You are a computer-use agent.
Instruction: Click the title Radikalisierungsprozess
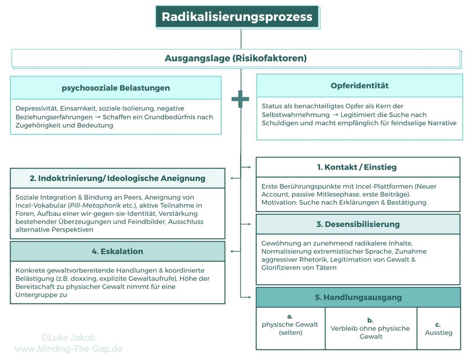pyautogui.click(x=237, y=17)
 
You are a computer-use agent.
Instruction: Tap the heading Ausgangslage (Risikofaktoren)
pyautogui.click(x=236, y=59)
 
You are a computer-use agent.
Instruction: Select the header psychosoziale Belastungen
pyautogui.click(x=116, y=88)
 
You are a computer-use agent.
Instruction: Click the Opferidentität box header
pyautogui.click(x=359, y=86)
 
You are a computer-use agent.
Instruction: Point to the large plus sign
pyautogui.click(x=240, y=99)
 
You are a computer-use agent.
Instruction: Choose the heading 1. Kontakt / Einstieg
pyautogui.click(x=357, y=167)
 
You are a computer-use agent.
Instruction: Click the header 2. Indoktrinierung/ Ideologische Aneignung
pyautogui.click(x=117, y=178)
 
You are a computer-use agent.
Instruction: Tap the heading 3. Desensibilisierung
pyautogui.click(x=357, y=224)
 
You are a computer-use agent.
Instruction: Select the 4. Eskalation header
pyautogui.click(x=117, y=251)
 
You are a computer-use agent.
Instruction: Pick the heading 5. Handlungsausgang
pyautogui.click(x=358, y=297)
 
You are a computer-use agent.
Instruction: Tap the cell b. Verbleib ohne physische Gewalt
pyautogui.click(x=370, y=328)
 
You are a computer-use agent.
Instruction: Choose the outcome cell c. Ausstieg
pyautogui.click(x=438, y=328)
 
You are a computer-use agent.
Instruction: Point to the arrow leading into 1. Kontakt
pyautogui.click(x=246, y=166)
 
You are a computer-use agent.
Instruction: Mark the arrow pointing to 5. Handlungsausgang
pyautogui.click(x=246, y=296)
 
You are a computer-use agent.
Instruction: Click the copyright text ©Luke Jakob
pyautogui.click(x=68, y=338)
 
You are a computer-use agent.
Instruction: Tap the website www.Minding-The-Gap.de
pyautogui.click(x=68, y=348)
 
